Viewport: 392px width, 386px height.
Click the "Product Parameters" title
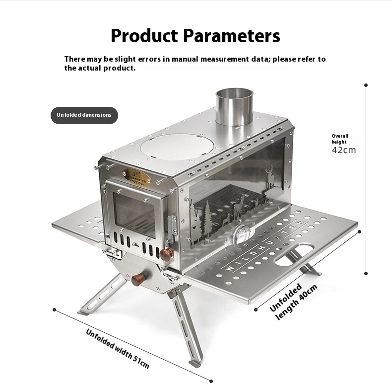click(x=195, y=36)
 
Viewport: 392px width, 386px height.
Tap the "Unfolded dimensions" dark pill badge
click(x=84, y=115)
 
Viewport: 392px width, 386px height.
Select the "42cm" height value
click(x=344, y=150)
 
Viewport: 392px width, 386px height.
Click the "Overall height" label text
click(x=340, y=139)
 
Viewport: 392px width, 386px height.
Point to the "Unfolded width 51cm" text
click(x=118, y=348)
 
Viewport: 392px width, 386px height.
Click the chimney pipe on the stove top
click(x=234, y=107)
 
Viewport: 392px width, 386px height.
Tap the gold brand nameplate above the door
click(x=136, y=177)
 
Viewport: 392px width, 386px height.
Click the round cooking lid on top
click(x=177, y=147)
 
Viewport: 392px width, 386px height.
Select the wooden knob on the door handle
click(x=167, y=254)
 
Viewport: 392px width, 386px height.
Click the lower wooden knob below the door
click(x=138, y=279)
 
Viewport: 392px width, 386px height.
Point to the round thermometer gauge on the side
click(x=243, y=234)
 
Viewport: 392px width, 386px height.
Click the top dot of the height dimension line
click(x=366, y=85)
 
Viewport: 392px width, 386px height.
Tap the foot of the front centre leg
click(x=195, y=364)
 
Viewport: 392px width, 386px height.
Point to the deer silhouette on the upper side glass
click(x=270, y=177)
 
